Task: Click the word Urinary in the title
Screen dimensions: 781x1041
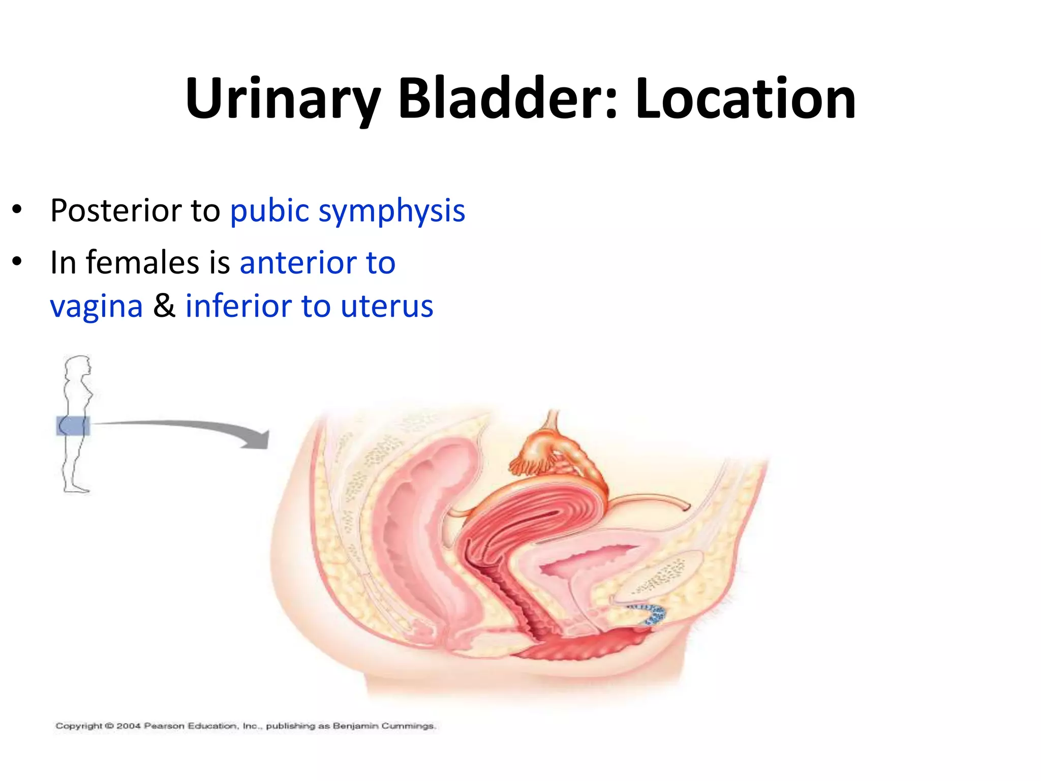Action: pos(283,99)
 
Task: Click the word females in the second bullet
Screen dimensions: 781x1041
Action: pos(142,263)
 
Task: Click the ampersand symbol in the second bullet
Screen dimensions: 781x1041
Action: pos(164,306)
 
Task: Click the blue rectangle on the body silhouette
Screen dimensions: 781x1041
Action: pos(73,426)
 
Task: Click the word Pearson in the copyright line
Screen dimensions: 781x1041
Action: pos(164,726)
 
